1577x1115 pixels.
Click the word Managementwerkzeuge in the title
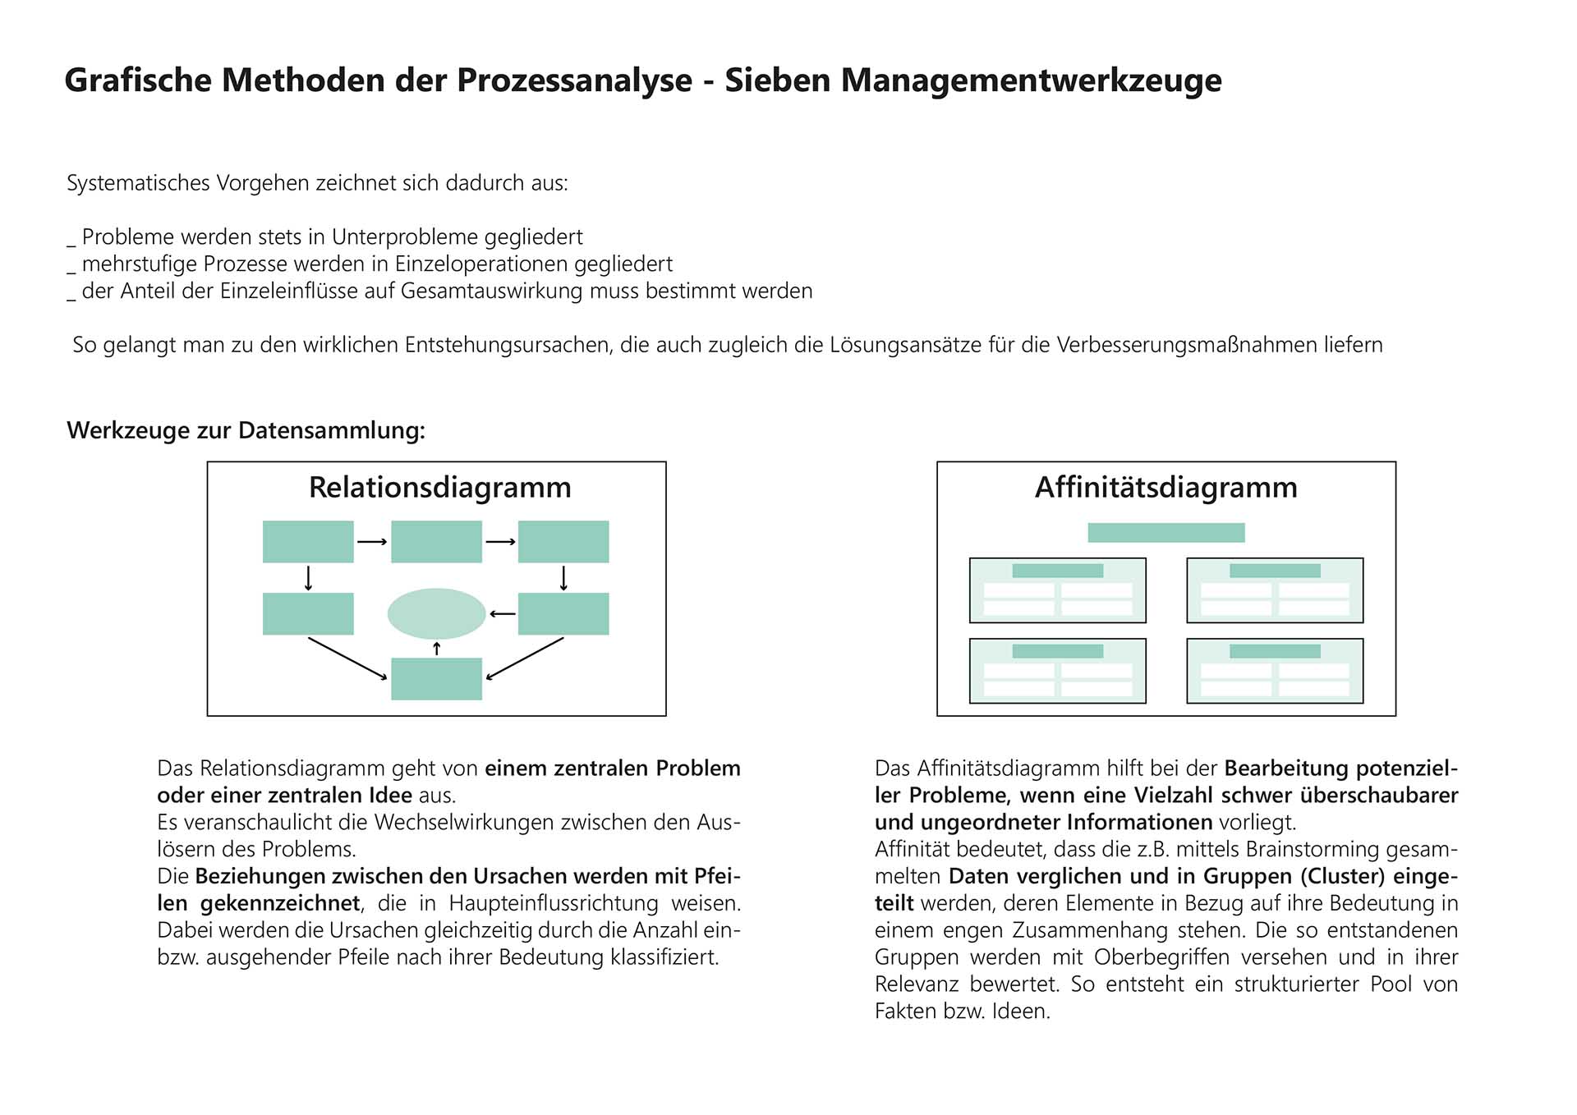coord(1031,80)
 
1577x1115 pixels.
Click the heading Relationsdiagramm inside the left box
coord(439,488)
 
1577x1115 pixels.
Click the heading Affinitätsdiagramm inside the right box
coord(1166,488)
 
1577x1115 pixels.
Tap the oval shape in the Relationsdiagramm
coord(436,613)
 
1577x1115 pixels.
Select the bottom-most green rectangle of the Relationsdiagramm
coord(436,679)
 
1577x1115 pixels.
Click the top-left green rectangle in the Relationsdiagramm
coord(308,542)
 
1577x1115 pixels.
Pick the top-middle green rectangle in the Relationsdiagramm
coord(436,542)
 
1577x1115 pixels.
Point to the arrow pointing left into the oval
coord(502,614)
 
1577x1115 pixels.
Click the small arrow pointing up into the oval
coord(437,649)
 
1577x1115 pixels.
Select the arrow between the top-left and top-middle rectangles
coord(372,542)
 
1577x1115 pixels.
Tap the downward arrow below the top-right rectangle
coord(563,578)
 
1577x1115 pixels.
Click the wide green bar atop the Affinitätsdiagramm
coord(1166,533)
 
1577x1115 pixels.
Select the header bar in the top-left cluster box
coord(1057,571)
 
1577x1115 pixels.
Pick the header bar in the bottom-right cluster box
coord(1275,651)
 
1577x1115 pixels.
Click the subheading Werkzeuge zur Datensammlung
coord(246,430)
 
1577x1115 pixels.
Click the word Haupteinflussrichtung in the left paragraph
coord(554,903)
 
